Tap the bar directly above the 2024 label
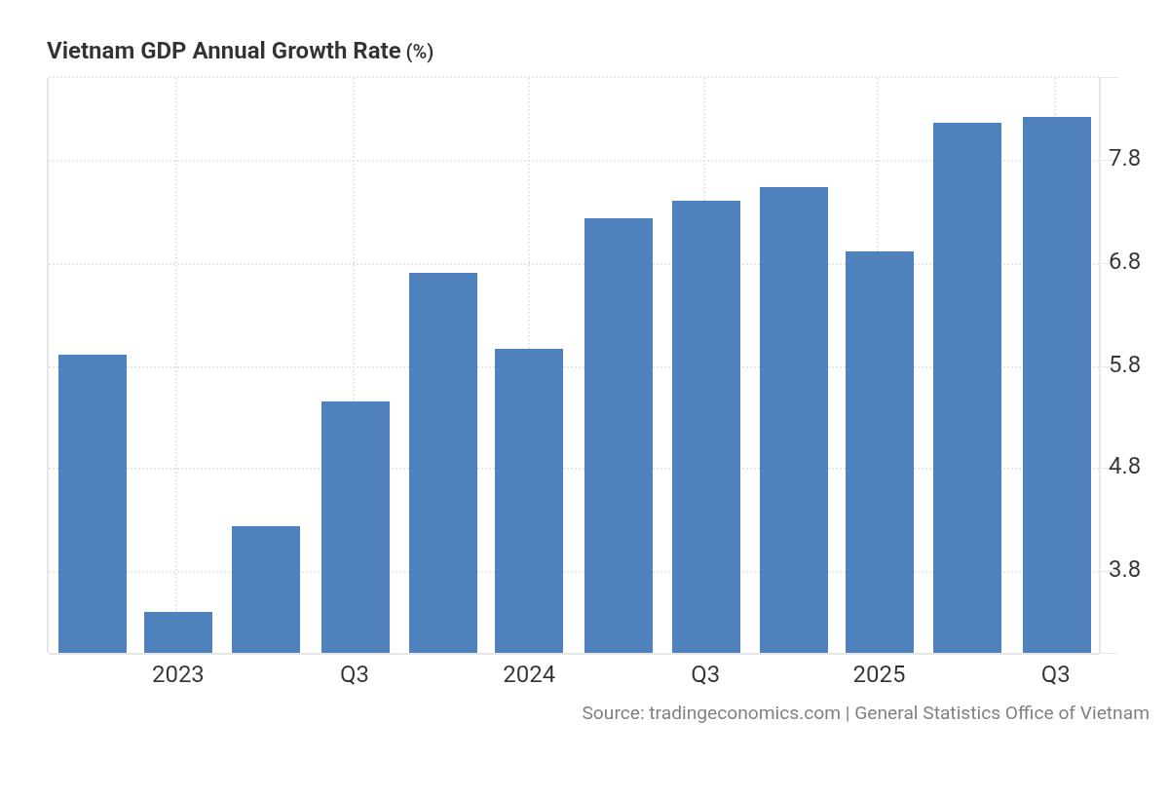point(529,501)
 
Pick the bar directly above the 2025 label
point(880,452)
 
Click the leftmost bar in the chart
point(93,504)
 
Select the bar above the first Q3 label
point(356,527)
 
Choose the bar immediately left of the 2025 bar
point(794,420)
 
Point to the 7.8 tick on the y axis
point(1124,159)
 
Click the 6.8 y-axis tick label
point(1124,262)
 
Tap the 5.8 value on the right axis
point(1124,365)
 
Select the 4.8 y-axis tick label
point(1124,467)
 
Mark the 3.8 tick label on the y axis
point(1124,570)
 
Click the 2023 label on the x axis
point(178,674)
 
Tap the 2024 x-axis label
point(529,674)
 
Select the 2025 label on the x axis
point(879,674)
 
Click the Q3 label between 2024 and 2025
point(705,674)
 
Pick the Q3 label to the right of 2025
point(1055,674)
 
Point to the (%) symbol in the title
point(419,53)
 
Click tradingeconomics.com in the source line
point(744,713)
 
